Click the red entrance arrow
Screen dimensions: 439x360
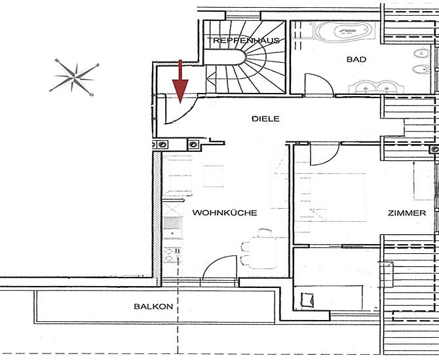coord(180,82)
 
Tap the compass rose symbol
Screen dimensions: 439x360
coord(74,77)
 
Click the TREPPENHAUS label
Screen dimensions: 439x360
coord(243,41)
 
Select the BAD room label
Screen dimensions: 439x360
coord(356,60)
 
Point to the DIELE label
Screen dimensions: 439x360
coord(265,119)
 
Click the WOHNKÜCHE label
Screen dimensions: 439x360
coord(225,213)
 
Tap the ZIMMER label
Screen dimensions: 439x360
coord(406,213)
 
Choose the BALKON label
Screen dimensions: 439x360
coord(153,306)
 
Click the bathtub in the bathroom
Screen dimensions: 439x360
coord(345,31)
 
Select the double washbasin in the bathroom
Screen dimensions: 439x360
coord(375,87)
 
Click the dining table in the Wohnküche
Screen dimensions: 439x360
coord(264,253)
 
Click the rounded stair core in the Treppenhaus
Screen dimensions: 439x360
coord(225,57)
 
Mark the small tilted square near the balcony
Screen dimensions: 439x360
coord(307,300)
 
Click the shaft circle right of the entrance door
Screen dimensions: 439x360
coord(193,145)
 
